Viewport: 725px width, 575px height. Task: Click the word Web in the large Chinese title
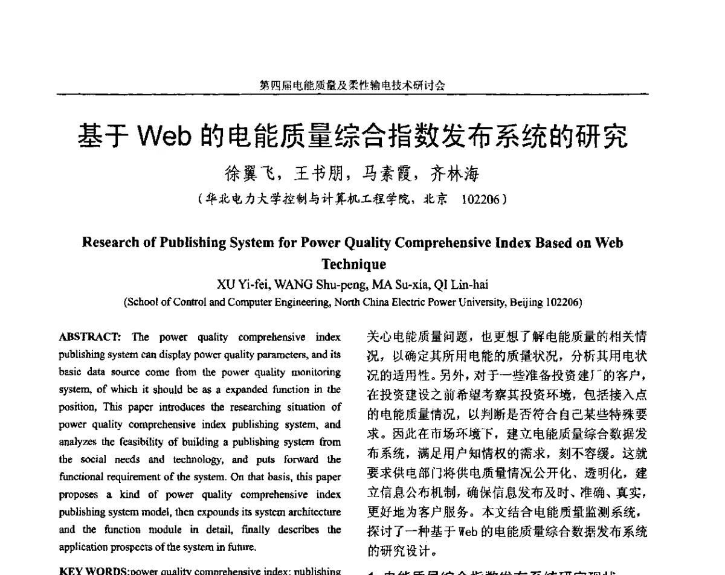tap(165, 138)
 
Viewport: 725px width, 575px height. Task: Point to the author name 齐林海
tap(454, 175)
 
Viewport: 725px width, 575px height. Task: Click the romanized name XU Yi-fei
tap(237, 284)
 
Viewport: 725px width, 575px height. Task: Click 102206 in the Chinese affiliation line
tap(481, 199)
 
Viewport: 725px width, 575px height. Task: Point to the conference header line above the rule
tap(352, 86)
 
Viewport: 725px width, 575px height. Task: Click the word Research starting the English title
tap(109, 243)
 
